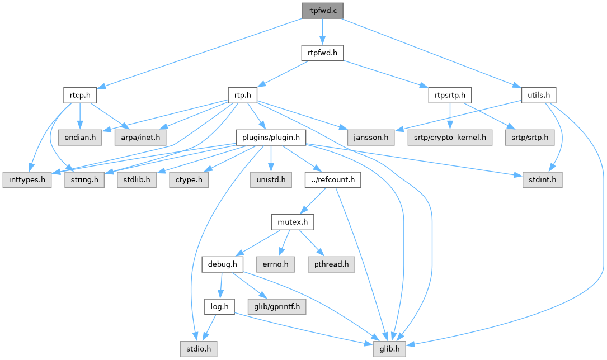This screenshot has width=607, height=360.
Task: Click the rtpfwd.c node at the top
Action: (x=322, y=10)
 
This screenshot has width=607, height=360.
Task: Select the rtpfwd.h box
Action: (x=322, y=53)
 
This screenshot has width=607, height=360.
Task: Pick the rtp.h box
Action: (x=242, y=95)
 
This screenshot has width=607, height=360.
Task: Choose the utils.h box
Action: (x=538, y=95)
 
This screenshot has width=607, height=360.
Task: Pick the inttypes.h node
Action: (x=26, y=181)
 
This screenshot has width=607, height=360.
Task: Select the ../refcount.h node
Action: (x=333, y=181)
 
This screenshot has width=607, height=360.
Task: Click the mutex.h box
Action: (x=292, y=222)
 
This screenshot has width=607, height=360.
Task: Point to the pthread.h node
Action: (x=331, y=264)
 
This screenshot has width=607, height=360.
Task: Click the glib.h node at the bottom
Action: (x=389, y=349)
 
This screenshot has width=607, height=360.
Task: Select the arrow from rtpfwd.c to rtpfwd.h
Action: (x=322, y=31)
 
